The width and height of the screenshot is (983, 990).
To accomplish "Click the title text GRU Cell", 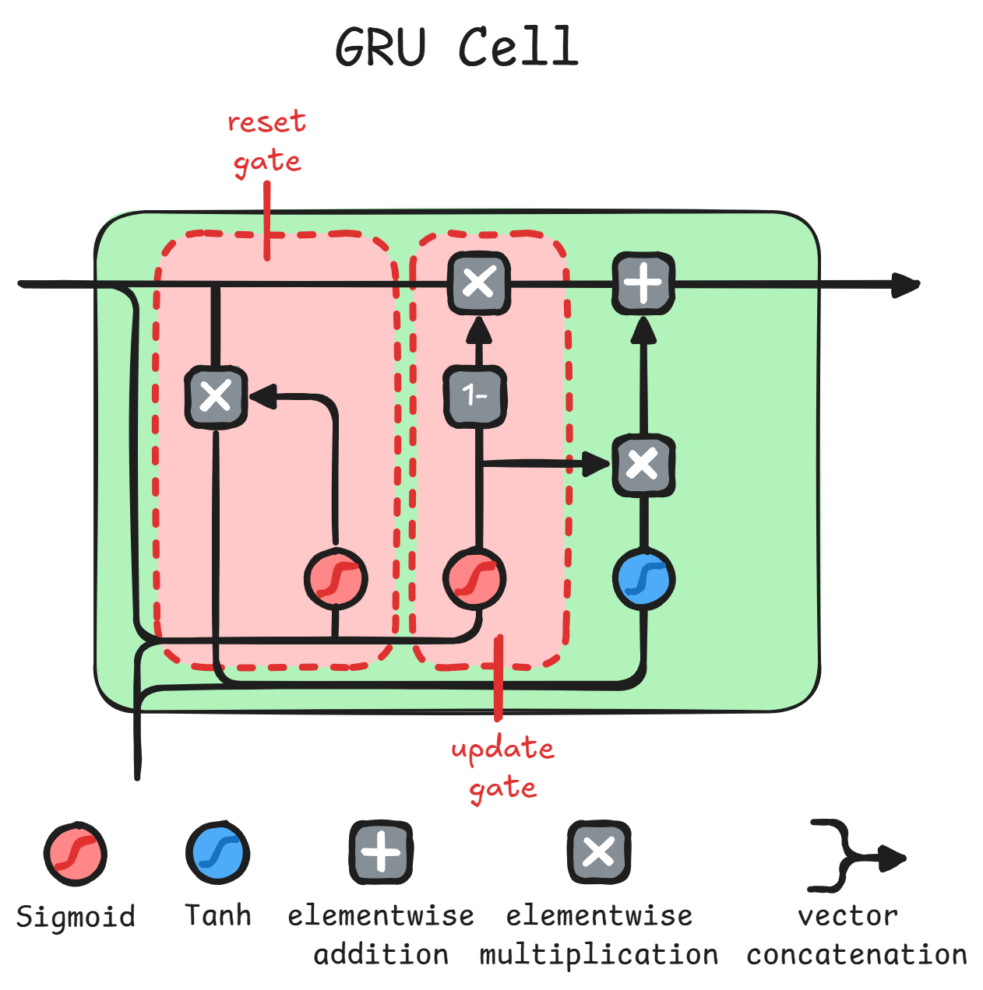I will (457, 47).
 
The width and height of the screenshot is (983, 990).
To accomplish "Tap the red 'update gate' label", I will (502, 767).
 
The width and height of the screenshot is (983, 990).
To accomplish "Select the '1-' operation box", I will (475, 396).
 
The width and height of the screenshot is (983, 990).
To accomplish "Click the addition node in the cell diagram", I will (643, 283).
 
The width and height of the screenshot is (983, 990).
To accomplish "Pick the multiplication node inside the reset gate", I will (216, 397).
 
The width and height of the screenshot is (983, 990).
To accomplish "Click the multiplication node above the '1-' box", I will (478, 283).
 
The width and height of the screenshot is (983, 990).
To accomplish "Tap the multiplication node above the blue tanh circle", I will (643, 465).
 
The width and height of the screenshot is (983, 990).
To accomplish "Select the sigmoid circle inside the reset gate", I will (335, 578).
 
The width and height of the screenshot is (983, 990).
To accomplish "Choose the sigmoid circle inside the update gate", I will (474, 579).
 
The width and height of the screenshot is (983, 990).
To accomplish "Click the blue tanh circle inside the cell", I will (643, 579).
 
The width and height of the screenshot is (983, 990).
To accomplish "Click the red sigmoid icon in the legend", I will (75, 854).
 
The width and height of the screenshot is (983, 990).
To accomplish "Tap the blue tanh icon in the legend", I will (217, 852).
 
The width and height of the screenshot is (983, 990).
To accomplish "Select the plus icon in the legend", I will (381, 852).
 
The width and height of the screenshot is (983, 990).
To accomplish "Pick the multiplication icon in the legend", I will (598, 852).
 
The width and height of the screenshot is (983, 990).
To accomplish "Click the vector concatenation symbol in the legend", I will (853, 856).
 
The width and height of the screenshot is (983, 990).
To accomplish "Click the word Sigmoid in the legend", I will (76, 917).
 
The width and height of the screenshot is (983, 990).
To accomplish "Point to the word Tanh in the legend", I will (218, 915).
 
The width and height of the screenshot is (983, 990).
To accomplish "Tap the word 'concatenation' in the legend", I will (856, 955).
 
